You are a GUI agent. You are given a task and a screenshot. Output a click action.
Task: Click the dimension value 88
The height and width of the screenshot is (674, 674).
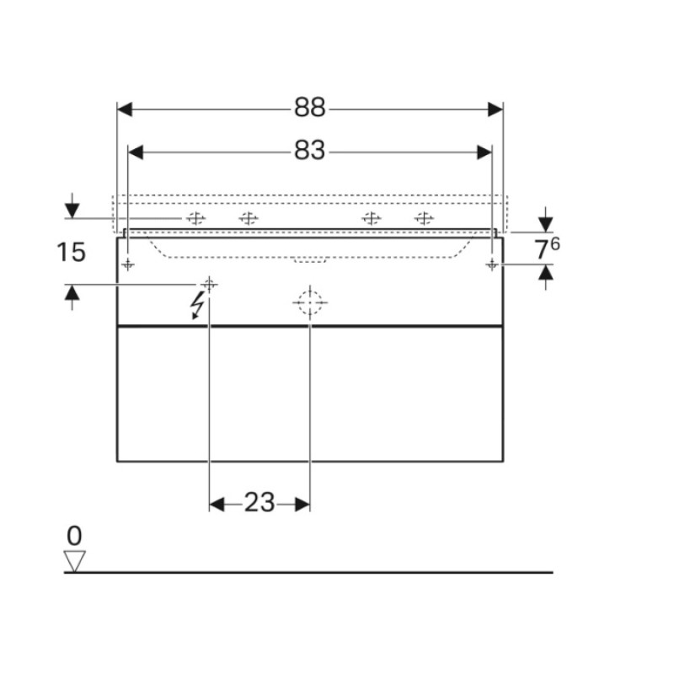click(x=309, y=109)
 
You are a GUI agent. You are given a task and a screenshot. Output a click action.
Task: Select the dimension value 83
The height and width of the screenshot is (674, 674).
click(x=309, y=152)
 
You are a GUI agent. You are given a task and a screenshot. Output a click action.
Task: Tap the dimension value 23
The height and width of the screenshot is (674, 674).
click(x=259, y=504)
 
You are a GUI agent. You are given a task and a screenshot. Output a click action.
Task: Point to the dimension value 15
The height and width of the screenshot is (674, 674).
click(x=72, y=251)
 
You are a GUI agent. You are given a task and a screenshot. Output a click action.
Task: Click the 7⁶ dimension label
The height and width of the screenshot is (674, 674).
click(x=546, y=249)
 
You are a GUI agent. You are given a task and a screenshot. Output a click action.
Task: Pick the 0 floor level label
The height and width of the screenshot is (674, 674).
click(x=74, y=536)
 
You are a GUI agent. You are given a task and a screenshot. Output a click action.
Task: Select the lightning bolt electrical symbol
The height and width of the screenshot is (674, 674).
click(x=199, y=305)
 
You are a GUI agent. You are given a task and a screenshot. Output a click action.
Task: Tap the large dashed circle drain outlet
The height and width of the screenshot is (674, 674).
click(x=309, y=302)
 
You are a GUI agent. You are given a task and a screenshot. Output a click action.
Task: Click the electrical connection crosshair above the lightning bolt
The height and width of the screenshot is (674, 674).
click(x=209, y=284)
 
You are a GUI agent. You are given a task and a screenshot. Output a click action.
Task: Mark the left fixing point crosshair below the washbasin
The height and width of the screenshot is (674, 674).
click(x=127, y=265)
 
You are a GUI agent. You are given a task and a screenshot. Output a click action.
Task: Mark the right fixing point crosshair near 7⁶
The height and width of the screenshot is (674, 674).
click(x=491, y=265)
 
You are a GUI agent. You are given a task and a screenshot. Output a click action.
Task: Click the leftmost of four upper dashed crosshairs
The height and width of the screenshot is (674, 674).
click(x=195, y=219)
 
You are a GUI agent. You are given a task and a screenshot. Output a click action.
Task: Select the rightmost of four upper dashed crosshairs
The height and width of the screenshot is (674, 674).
click(x=424, y=219)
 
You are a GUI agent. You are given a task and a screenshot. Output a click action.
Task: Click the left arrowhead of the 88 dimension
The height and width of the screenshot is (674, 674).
click(x=125, y=109)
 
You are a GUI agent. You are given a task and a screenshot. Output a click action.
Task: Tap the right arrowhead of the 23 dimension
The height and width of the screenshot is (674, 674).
click(x=302, y=504)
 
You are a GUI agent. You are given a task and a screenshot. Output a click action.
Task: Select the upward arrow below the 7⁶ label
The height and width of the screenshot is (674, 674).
click(x=546, y=274)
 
